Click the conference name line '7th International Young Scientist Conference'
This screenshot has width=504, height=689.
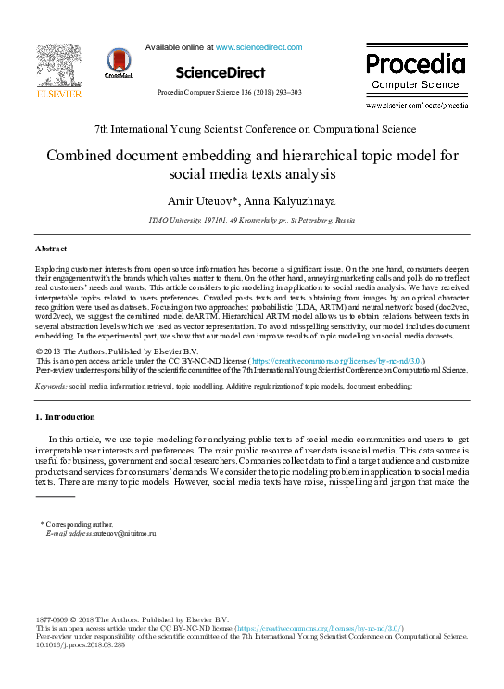[x=256, y=129]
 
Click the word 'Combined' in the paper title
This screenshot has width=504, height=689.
[x=85, y=156]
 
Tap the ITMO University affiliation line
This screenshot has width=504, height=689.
[x=251, y=221]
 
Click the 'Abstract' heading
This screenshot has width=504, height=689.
[x=51, y=249]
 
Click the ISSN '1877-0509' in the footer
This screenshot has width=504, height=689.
[x=52, y=619]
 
